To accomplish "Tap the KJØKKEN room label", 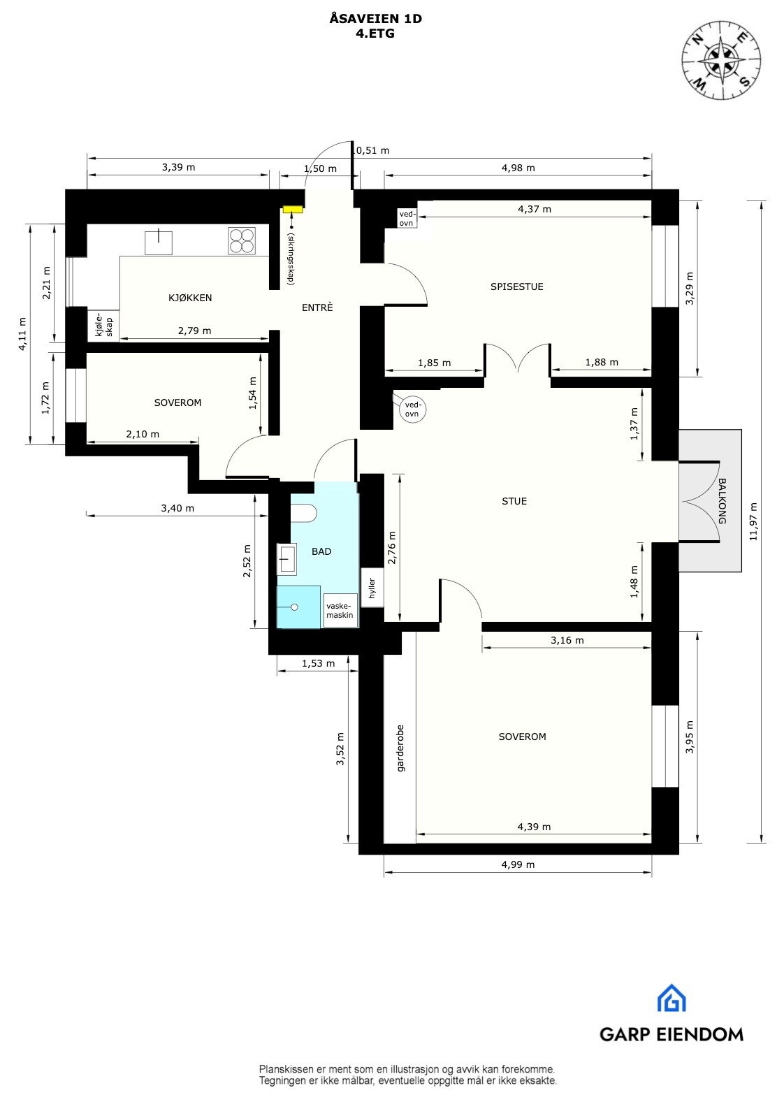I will point(190,298).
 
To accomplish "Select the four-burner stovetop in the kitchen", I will point(242,241).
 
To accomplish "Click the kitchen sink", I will point(159,242).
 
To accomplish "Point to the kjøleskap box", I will point(103,326).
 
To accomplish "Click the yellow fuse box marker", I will point(293,208).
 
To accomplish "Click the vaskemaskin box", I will point(340,611).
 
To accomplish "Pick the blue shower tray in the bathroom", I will point(298,607).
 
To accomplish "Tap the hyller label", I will point(372,588).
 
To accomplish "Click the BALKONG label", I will point(723,500).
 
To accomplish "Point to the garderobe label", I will point(400,748).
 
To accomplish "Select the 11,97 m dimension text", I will point(752,521).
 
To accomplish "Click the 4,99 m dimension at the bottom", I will point(518,864).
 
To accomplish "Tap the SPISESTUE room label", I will point(516,287).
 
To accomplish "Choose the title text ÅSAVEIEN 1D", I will point(375,20).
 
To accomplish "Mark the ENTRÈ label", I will point(317,307).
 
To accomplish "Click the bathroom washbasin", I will point(287,558).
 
